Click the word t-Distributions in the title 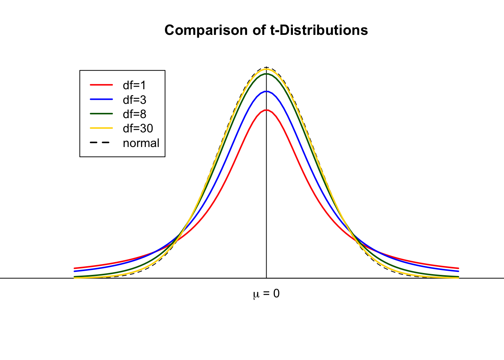click(x=319, y=30)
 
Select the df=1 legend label click(x=134, y=85)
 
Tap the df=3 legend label click(x=134, y=100)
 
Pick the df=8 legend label click(x=134, y=114)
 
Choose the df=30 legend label click(x=138, y=128)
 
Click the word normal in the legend click(x=141, y=143)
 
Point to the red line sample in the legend click(x=101, y=85)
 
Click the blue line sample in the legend click(x=101, y=99)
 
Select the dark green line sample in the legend click(x=101, y=114)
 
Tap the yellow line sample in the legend click(x=101, y=128)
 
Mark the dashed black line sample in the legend click(x=101, y=142)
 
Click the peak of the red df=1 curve click(x=266, y=110)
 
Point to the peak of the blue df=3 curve click(x=266, y=91)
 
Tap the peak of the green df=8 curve click(x=266, y=74)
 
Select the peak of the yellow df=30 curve click(x=266, y=69)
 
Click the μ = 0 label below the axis click(x=266, y=294)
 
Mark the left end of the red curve click(x=75, y=268)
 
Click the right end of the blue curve click(x=458, y=271)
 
